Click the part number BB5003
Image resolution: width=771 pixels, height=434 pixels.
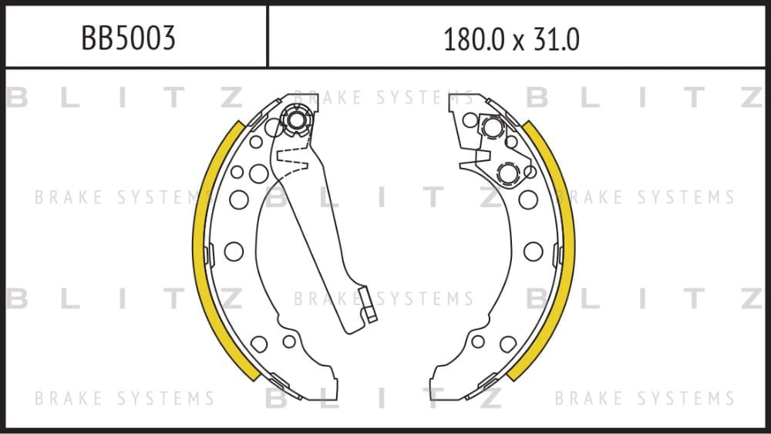pos(128,38)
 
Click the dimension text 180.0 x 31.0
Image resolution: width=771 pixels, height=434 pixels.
pos(511,39)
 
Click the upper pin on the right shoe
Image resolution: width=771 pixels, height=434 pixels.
pos(492,127)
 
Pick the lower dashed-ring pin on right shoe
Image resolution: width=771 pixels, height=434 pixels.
pos(508,173)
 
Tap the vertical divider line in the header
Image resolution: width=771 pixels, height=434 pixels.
pos(268,36)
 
